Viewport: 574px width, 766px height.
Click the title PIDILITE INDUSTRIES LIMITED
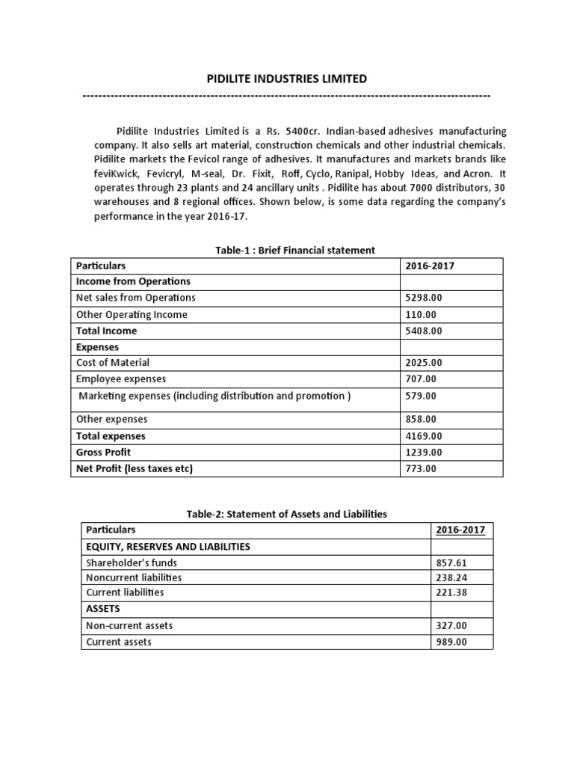tap(286, 78)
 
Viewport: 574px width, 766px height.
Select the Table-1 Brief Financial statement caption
tap(294, 250)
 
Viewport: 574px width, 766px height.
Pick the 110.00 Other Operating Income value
tap(421, 314)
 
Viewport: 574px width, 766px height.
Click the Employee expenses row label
tap(121, 379)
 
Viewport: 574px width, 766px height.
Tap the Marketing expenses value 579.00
tap(421, 396)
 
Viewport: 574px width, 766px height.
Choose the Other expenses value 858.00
tap(421, 420)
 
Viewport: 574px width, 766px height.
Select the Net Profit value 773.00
tap(421, 469)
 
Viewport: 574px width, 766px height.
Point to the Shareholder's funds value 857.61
tap(454, 563)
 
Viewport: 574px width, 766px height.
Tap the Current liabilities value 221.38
tap(454, 592)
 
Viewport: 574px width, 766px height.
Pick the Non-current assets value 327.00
tap(454, 625)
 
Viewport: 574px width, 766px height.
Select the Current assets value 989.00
tap(454, 642)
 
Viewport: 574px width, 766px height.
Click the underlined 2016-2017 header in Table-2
tap(460, 530)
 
